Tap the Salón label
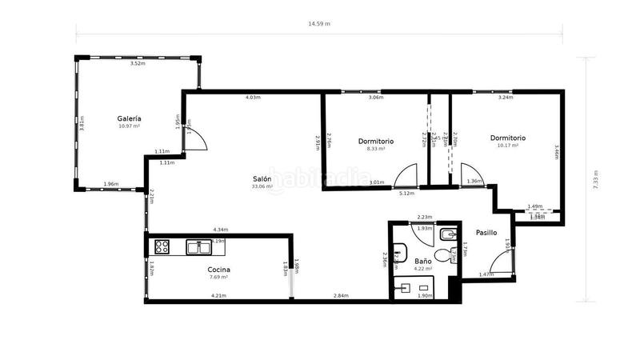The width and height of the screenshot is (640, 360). pyautogui.click(x=262, y=178)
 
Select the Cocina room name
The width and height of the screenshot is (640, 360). pyautogui.click(x=218, y=270)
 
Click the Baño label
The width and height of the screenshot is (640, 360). pyautogui.click(x=423, y=261)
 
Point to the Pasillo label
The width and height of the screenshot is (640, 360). pyautogui.click(x=486, y=232)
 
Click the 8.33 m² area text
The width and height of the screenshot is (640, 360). pyautogui.click(x=376, y=148)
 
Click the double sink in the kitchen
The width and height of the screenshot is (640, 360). pyautogui.click(x=199, y=246)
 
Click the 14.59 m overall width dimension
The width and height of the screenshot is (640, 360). pyautogui.click(x=319, y=24)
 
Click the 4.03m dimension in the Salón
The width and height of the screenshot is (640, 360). pyautogui.click(x=253, y=98)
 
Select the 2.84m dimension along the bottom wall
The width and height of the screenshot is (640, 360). pyautogui.click(x=341, y=296)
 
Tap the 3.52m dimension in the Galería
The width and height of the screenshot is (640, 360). pyautogui.click(x=138, y=63)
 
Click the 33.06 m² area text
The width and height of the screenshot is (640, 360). pyautogui.click(x=262, y=186)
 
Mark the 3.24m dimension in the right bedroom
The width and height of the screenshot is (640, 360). pyautogui.click(x=506, y=98)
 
